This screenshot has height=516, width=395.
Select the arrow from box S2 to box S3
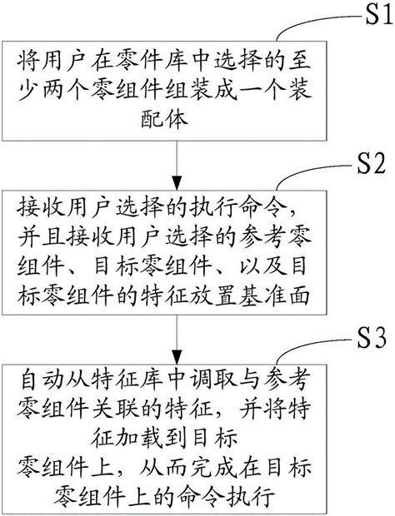pos(177,342)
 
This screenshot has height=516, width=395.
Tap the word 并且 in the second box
pos(41,236)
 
